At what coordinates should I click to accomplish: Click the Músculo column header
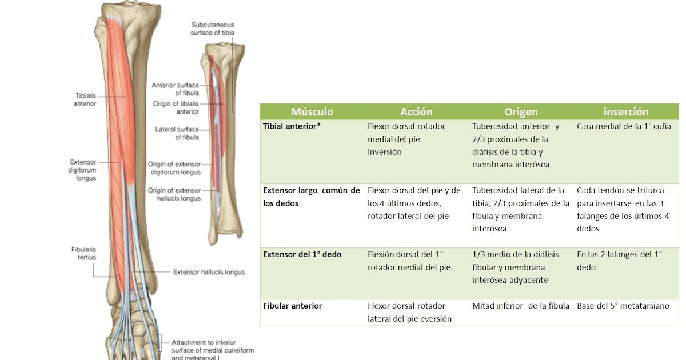312,112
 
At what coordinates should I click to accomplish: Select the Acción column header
416,112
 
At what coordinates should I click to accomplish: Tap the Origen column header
521,112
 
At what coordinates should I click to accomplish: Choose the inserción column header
626,112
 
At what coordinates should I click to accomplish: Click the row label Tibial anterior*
292,126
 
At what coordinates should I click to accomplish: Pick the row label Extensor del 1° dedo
302,254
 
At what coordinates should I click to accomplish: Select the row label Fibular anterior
292,306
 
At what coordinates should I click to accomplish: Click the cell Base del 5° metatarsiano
623,306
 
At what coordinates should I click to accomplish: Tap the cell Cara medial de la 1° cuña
624,126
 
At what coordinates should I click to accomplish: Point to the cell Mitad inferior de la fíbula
521,306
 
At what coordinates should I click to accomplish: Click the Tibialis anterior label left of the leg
85,99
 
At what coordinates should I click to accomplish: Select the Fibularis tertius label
83,253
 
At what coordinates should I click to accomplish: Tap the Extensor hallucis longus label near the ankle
209,272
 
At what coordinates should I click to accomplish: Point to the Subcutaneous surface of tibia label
212,29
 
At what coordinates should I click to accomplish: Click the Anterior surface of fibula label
176,89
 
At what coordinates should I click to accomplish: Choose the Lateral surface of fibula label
177,133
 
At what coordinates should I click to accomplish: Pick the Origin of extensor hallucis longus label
174,194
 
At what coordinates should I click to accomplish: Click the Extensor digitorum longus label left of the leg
83,170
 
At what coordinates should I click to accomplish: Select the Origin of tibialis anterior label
176,107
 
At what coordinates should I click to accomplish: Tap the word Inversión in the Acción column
385,152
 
